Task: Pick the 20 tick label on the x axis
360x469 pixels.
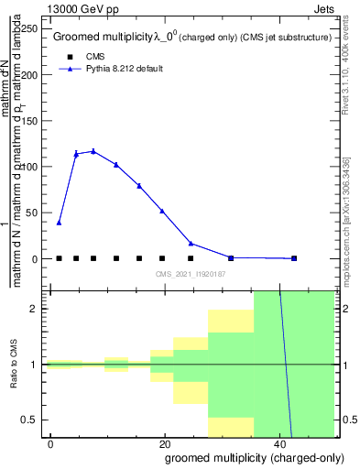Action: pos(163,444)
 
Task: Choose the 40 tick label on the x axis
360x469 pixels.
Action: pos(277,444)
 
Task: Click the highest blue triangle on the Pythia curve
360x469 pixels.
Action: pos(93,151)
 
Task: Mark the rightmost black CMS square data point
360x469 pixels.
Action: pos(294,258)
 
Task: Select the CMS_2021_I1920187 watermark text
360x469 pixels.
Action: pos(190,274)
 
